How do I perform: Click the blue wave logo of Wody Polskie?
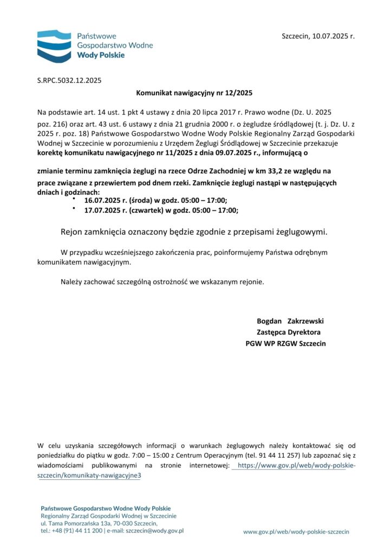[x=54, y=46]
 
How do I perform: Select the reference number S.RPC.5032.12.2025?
[x=69, y=81]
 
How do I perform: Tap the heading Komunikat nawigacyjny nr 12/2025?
[x=194, y=94]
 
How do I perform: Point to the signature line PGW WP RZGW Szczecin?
[x=285, y=344]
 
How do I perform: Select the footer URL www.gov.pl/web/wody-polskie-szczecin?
[x=296, y=532]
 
